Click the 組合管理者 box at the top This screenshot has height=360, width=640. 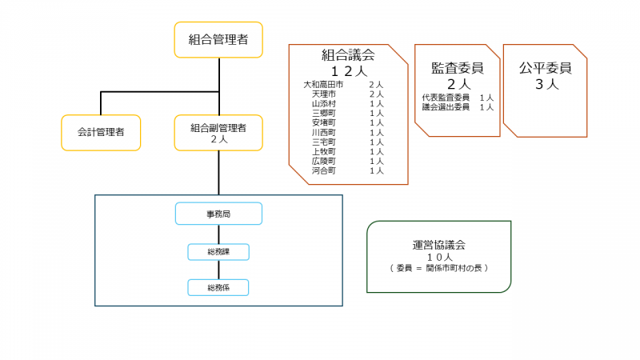pos(218,40)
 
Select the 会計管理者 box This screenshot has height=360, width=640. pos(101,133)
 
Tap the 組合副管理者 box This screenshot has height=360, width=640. pos(218,133)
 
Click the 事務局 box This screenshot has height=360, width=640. pos(218,214)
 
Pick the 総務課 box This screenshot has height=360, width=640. pos(218,252)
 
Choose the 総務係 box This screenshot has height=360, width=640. pos(218,287)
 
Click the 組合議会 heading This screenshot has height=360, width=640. pos(348,55)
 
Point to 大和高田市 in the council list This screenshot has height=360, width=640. pos(323,84)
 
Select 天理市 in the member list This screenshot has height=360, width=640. pos(323,94)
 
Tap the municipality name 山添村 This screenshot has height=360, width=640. pos(323,104)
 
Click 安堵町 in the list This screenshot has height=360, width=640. pos(323,123)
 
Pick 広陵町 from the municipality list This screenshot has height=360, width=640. pos(323,161)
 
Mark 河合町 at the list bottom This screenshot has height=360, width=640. pos(323,170)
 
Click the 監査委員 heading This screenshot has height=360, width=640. pos(458,69)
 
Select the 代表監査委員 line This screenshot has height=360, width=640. pos(446,98)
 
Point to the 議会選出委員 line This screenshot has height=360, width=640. pos(446,107)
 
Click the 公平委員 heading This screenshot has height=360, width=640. pos(546,69)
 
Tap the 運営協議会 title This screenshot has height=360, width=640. pos(438,245)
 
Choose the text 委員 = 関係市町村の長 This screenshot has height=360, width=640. pos(439,268)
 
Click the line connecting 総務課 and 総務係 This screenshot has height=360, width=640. pos(218,270)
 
